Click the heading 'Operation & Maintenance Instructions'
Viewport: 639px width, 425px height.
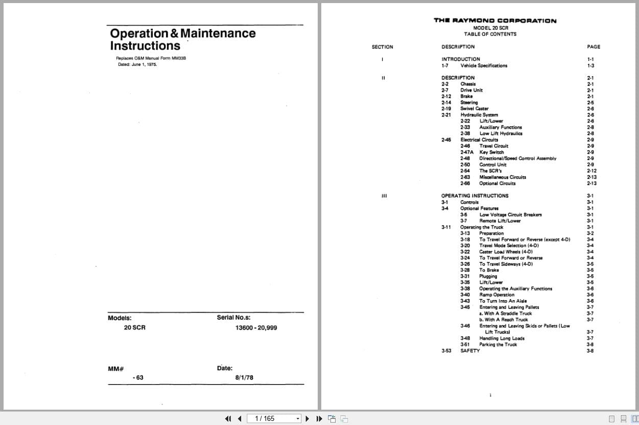pos(182,39)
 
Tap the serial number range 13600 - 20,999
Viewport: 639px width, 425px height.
pos(256,327)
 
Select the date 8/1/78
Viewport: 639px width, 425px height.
pos(244,377)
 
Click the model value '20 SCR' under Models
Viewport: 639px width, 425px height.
pos(134,327)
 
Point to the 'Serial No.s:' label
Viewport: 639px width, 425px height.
pos(233,318)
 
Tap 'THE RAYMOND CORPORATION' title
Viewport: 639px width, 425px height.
pos(495,20)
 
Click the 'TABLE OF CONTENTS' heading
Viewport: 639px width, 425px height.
pos(490,34)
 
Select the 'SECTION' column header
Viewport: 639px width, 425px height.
pos(382,47)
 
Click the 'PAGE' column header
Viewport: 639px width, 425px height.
pos(594,47)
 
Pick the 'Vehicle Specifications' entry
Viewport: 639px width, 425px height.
pos(484,65)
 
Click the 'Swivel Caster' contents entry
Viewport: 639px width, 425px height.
pos(474,108)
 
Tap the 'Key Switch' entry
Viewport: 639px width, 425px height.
pos(491,152)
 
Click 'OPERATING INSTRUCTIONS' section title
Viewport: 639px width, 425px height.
pos(475,195)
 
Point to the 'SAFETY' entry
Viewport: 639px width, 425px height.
pos(470,350)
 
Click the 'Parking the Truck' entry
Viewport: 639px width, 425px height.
pos(498,344)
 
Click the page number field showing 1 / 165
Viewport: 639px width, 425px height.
pos(270,418)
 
